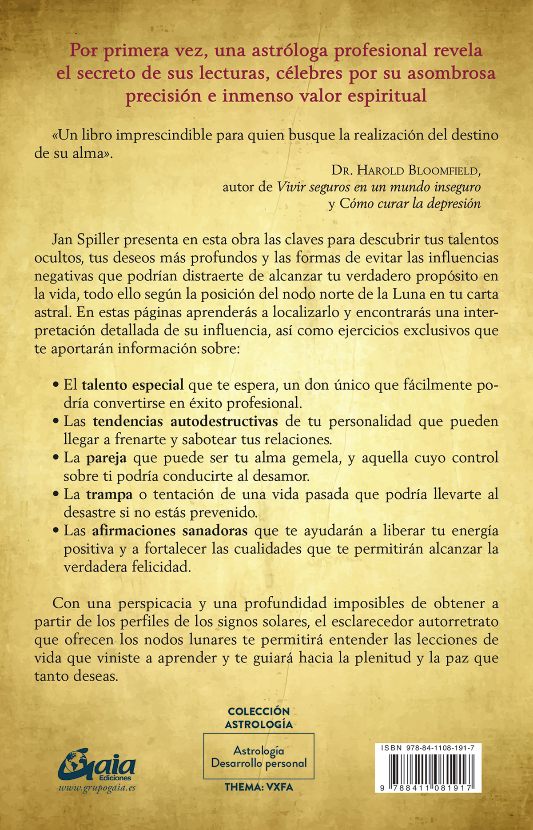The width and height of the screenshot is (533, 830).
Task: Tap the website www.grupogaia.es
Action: pos(97,788)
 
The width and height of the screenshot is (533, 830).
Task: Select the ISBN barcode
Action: pos(428,770)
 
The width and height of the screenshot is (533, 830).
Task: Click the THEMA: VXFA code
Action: pos(259,787)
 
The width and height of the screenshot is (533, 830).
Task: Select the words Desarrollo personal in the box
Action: pos(259,763)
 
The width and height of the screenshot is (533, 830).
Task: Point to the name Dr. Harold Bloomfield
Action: pos(406,170)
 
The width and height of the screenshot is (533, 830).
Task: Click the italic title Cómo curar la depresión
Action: pos(410,204)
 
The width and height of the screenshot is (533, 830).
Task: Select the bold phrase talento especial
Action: pos(132,385)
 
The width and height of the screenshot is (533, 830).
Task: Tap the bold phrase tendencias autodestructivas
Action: pos(185,421)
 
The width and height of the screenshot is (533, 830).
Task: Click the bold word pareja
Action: pos(106,458)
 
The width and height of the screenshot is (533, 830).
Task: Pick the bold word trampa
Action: pos(109,494)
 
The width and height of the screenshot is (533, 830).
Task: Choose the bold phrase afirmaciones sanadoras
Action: pos(170,531)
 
